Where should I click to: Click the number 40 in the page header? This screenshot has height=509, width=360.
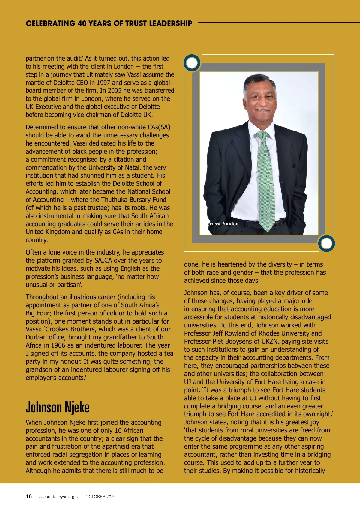82,23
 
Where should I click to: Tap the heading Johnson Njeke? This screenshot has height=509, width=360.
58,407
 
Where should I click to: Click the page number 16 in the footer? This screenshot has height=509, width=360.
29,496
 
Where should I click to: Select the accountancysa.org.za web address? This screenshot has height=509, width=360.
59,497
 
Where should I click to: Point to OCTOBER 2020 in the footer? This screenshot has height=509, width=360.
100,497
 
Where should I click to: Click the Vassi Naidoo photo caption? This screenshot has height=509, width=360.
224,224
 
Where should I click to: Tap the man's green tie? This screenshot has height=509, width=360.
266,180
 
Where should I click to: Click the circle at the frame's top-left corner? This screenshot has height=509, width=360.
192,63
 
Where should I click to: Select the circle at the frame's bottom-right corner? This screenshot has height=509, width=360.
326,243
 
